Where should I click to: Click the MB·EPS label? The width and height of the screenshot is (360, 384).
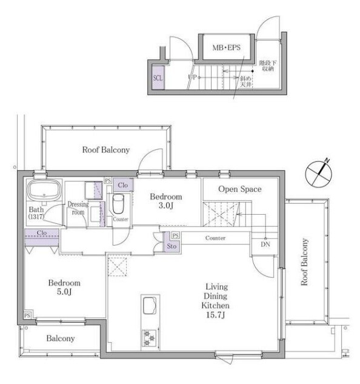coord(227,47)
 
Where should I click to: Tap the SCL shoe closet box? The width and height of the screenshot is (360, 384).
coord(158,78)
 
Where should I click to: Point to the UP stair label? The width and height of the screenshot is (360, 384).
coord(192,77)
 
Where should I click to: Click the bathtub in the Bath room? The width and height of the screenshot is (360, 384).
coord(44,190)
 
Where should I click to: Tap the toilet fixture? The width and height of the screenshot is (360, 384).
coord(118,204)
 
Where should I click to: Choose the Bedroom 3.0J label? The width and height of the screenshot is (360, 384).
coord(166,201)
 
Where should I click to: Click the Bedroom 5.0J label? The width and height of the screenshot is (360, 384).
coord(64,288)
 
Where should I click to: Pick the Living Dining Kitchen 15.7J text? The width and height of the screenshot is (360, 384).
coord(215,300)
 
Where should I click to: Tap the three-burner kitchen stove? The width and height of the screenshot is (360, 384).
coord(150,339)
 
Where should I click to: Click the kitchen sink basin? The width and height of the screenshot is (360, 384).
coord(150,305)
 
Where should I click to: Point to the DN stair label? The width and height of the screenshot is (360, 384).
coord(265,244)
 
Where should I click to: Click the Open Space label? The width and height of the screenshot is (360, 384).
coord(240,189)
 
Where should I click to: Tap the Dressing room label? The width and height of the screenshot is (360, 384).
coord(78,208)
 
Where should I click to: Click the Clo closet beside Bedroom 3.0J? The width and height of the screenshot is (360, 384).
coord(123,185)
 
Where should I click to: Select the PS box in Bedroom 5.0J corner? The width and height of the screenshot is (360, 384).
coord(27,315)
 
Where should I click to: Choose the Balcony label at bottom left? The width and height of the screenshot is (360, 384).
coord(61,339)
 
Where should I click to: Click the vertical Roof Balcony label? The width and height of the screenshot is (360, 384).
coord(304,262)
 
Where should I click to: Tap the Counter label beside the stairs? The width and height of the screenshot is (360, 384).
coord(215,238)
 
